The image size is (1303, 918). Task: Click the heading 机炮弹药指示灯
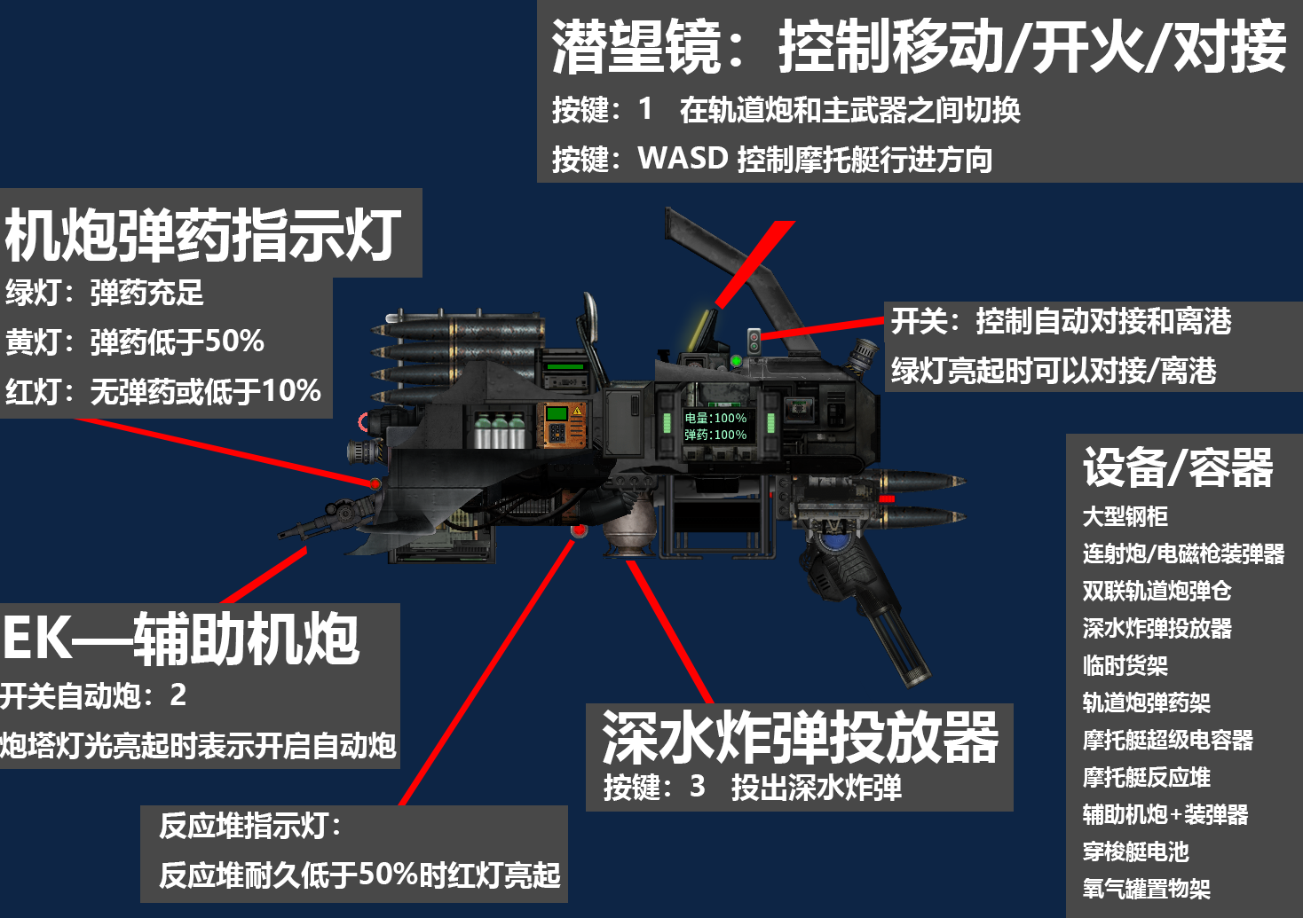pos(203,235)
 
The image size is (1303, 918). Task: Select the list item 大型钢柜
pos(1125,516)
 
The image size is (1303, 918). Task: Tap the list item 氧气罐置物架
pos(1147,889)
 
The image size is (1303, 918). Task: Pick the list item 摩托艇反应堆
pos(1147,777)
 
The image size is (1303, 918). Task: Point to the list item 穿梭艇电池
pos(1135,851)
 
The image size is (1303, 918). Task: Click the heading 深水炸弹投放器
pos(801,737)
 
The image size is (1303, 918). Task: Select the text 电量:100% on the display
pos(715,418)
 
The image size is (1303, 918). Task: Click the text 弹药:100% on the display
pos(715,435)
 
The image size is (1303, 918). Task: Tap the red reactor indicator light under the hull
pos(579,530)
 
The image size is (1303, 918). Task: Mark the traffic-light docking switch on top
pos(754,341)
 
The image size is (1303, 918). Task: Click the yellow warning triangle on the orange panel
pos(577,411)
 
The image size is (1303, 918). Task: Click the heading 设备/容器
pos(1178,467)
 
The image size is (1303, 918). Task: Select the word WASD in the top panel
pos(683,158)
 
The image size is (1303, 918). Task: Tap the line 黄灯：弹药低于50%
pos(135,341)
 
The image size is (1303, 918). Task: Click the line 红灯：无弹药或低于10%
pos(163,390)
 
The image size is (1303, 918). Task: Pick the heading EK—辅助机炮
pos(180,639)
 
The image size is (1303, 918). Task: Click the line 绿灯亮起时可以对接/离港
pos(1054,371)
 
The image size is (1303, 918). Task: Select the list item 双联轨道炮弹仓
pos(1157,591)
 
